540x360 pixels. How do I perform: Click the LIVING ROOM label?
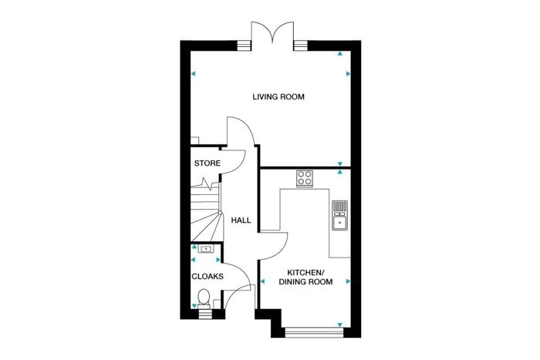coord(278,96)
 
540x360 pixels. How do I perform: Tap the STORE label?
coord(208,163)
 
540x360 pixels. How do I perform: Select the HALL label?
coord(241,220)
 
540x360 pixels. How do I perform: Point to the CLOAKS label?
coord(208,277)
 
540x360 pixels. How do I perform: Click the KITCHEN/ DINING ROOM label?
coord(305,278)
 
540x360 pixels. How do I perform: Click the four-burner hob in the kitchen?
coord(305,179)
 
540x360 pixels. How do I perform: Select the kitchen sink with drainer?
coord(340,215)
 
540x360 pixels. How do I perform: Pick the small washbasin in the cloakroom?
coord(206,249)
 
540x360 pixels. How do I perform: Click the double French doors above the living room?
coord(272,32)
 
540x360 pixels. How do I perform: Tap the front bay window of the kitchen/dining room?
coord(315,332)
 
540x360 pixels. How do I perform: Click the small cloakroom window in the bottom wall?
coord(206,314)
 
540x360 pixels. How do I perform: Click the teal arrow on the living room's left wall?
coord(193,74)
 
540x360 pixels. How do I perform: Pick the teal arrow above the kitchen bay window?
coord(340,325)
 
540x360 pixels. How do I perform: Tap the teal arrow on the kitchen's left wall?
coord(262,281)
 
